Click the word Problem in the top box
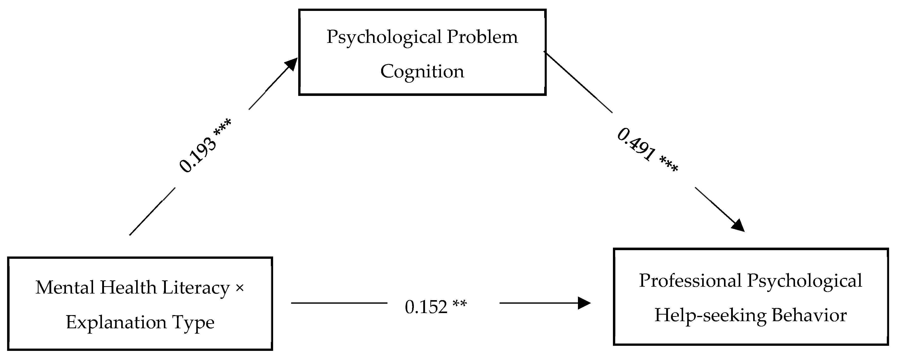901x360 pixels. tap(482, 37)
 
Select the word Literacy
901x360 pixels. tap(196, 288)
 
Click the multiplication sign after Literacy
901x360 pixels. tap(240, 288)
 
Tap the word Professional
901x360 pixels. tap(690, 281)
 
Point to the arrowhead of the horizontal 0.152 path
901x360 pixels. tap(584, 303)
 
